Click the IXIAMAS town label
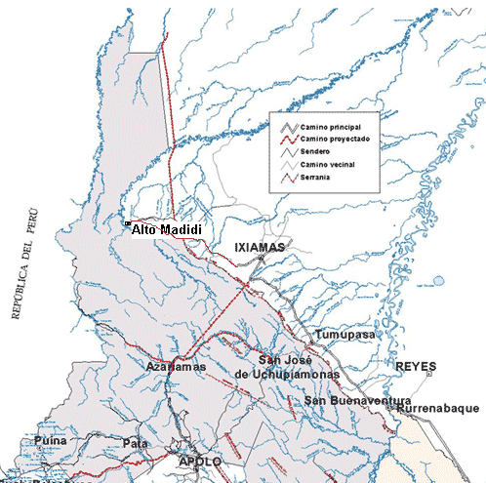[259, 248]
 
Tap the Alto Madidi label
[167, 228]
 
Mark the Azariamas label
[175, 367]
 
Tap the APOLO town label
[200, 460]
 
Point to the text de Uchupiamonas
[286, 374]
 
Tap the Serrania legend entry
[318, 178]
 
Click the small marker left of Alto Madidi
[127, 225]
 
